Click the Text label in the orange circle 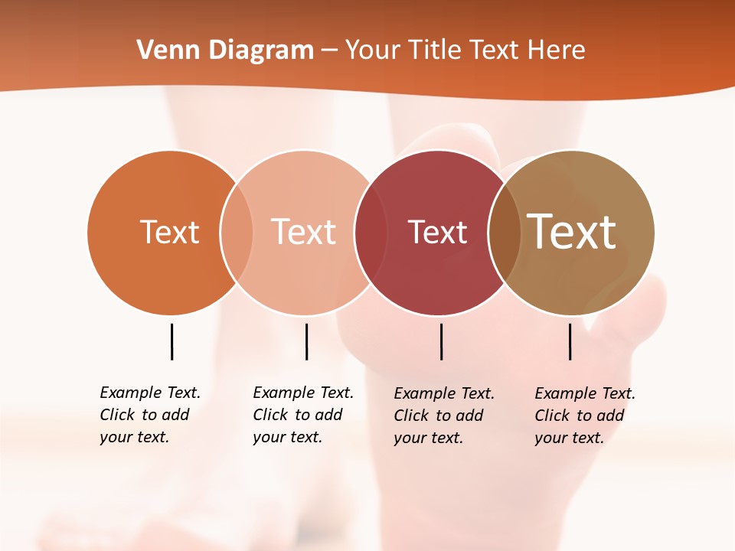pos(169,232)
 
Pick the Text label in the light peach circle pos(303,232)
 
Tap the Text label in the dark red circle pos(437,232)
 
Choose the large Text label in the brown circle pos(572,232)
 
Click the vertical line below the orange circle pos(171,341)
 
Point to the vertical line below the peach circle pos(306,341)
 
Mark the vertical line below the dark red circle pos(441,341)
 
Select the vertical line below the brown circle pos(570,341)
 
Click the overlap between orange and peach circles pos(237,232)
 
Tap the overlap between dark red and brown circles pos(504,232)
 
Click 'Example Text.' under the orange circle pos(150,393)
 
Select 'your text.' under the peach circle pos(287,437)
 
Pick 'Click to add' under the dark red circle pos(439,416)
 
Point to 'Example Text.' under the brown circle pos(585,393)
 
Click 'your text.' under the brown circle pos(569,438)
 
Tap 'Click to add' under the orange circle pos(145,415)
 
